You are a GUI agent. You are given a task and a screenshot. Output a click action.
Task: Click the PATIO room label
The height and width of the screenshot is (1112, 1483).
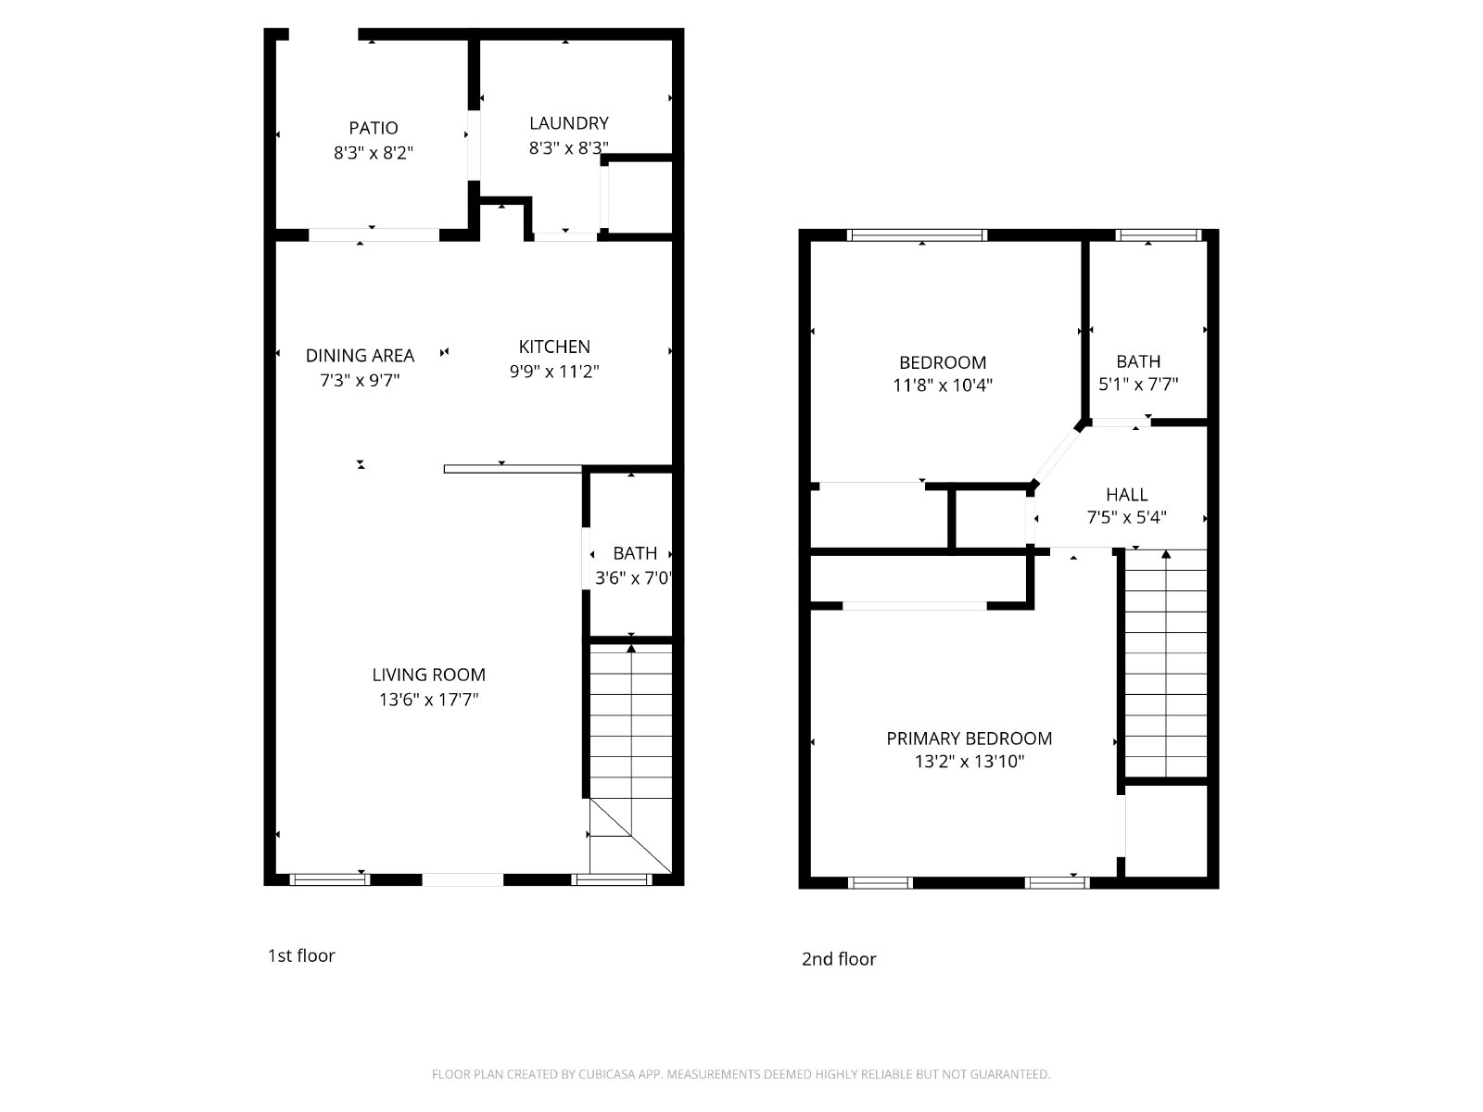(x=373, y=128)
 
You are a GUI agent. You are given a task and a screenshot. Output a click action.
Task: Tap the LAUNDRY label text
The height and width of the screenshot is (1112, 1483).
(x=569, y=123)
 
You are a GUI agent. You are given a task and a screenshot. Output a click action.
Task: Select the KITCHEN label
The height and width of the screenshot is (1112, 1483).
(x=554, y=347)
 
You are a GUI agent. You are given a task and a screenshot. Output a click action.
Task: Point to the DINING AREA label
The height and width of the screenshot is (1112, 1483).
(x=360, y=355)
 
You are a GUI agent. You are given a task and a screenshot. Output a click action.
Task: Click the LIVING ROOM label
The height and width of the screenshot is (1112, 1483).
(x=428, y=675)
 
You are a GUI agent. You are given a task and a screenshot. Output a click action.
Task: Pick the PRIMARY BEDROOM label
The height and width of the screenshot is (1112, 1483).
(x=969, y=739)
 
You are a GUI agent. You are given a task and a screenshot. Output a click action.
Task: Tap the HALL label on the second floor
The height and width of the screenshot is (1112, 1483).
(x=1126, y=495)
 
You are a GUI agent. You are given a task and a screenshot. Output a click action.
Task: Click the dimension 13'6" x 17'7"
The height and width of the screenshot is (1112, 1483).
(x=428, y=700)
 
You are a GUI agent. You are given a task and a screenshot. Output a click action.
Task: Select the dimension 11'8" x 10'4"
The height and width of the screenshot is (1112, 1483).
(x=943, y=385)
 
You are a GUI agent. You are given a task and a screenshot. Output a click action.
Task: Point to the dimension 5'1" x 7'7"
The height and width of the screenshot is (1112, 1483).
(x=1138, y=385)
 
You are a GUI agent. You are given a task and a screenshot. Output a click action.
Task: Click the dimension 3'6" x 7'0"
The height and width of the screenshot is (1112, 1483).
(x=634, y=578)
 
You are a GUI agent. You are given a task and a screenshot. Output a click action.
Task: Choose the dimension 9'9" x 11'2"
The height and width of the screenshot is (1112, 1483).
(x=554, y=372)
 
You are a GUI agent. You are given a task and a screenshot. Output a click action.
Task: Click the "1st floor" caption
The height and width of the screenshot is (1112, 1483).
(x=301, y=955)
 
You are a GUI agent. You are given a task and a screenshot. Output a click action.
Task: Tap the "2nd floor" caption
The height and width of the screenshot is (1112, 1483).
(x=839, y=959)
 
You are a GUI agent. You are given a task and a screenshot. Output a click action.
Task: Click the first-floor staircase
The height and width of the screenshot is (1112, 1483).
(x=630, y=758)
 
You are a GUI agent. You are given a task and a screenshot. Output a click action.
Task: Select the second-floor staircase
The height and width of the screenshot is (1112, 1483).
(x=1165, y=663)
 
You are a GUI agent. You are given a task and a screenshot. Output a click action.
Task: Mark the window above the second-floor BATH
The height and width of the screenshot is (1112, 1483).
(x=1158, y=235)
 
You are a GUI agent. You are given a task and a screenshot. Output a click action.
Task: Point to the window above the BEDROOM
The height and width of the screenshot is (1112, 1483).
(x=917, y=235)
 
